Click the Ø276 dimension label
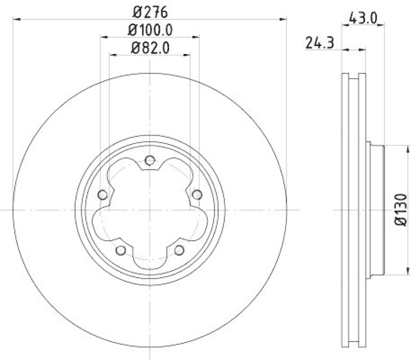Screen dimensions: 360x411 point(150,11)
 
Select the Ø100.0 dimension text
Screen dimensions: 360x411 point(150,30)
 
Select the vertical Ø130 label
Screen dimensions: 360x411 point(401,211)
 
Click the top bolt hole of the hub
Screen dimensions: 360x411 point(150,160)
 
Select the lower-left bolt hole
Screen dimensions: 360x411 point(121,250)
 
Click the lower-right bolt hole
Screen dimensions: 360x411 point(179,250)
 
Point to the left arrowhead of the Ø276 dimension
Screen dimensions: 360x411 point(15,20)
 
